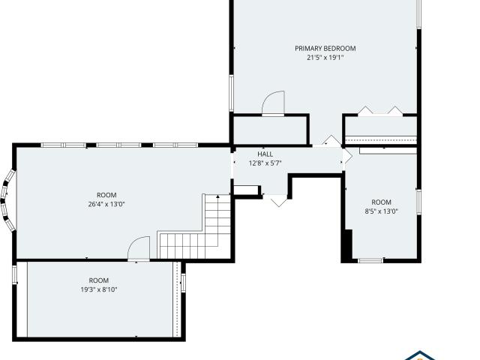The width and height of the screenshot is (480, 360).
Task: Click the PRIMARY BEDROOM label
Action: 325,48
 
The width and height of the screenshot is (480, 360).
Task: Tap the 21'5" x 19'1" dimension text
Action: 325,57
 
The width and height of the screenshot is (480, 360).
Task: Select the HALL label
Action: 265,154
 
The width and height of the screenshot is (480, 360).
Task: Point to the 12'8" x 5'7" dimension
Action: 265,163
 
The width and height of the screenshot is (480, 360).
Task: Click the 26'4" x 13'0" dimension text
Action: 106,204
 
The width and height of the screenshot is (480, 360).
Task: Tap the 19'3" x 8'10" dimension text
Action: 99,289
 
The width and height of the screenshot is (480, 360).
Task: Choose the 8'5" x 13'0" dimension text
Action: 381,211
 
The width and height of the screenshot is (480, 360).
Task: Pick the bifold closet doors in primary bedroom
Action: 379,112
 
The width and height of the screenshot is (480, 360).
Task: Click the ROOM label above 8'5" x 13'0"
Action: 381,202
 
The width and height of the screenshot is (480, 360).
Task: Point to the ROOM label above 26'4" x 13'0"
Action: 106,195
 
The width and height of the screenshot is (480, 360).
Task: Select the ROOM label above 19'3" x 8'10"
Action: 99,280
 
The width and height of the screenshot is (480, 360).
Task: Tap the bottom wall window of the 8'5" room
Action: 370,260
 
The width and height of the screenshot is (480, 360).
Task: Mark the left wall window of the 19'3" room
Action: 15,274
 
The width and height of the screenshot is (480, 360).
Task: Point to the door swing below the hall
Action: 277,200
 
